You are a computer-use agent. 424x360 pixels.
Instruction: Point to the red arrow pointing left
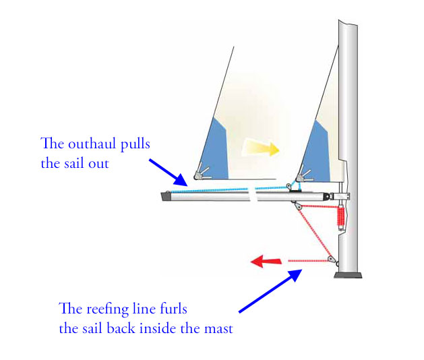[264, 261]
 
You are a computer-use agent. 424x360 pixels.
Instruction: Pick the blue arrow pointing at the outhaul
[169, 172]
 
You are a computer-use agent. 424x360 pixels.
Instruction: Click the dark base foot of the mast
[348, 275]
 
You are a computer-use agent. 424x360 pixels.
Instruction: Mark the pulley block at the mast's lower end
[330, 260]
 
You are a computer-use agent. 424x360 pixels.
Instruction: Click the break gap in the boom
[252, 195]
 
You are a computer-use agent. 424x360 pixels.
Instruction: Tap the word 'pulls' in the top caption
[132, 144]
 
